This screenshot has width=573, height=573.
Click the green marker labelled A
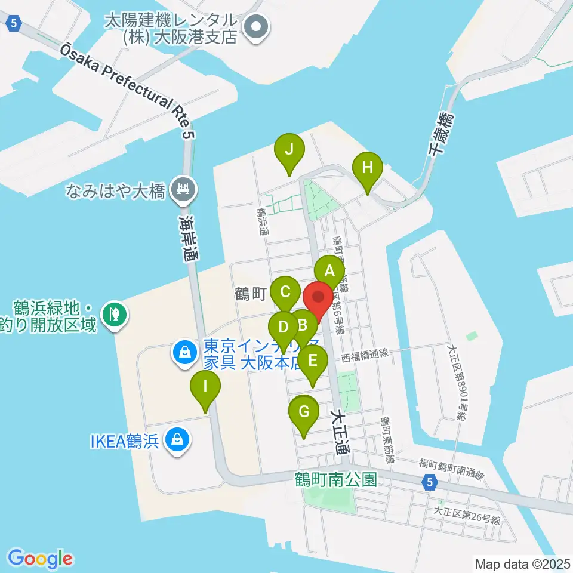[329, 272]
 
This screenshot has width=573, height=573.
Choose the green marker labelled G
[304, 412]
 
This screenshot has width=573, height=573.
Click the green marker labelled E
[313, 361]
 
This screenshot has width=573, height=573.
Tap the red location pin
[318, 297]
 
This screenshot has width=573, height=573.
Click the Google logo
[40, 559]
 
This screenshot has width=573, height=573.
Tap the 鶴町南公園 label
[335, 479]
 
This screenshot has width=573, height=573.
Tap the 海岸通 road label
[190, 239]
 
